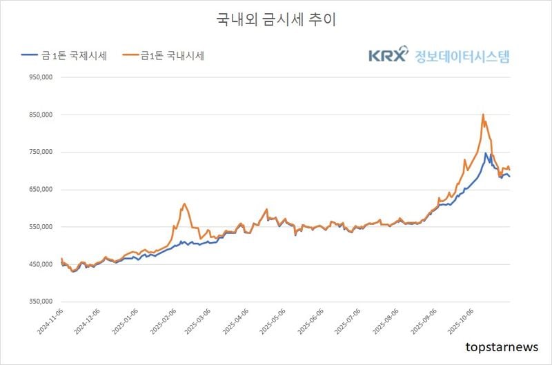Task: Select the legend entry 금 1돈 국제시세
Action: point(64,56)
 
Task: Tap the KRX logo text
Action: point(388,56)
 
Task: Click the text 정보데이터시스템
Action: point(462,56)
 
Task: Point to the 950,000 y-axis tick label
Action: point(40,78)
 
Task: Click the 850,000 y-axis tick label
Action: point(40,115)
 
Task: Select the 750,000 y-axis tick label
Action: point(40,152)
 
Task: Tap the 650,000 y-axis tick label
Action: point(40,190)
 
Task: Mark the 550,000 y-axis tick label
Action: point(40,227)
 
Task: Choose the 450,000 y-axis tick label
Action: point(40,264)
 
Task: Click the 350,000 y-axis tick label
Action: point(40,302)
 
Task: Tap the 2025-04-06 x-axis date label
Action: point(234,323)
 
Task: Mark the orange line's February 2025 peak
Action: point(184,204)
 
